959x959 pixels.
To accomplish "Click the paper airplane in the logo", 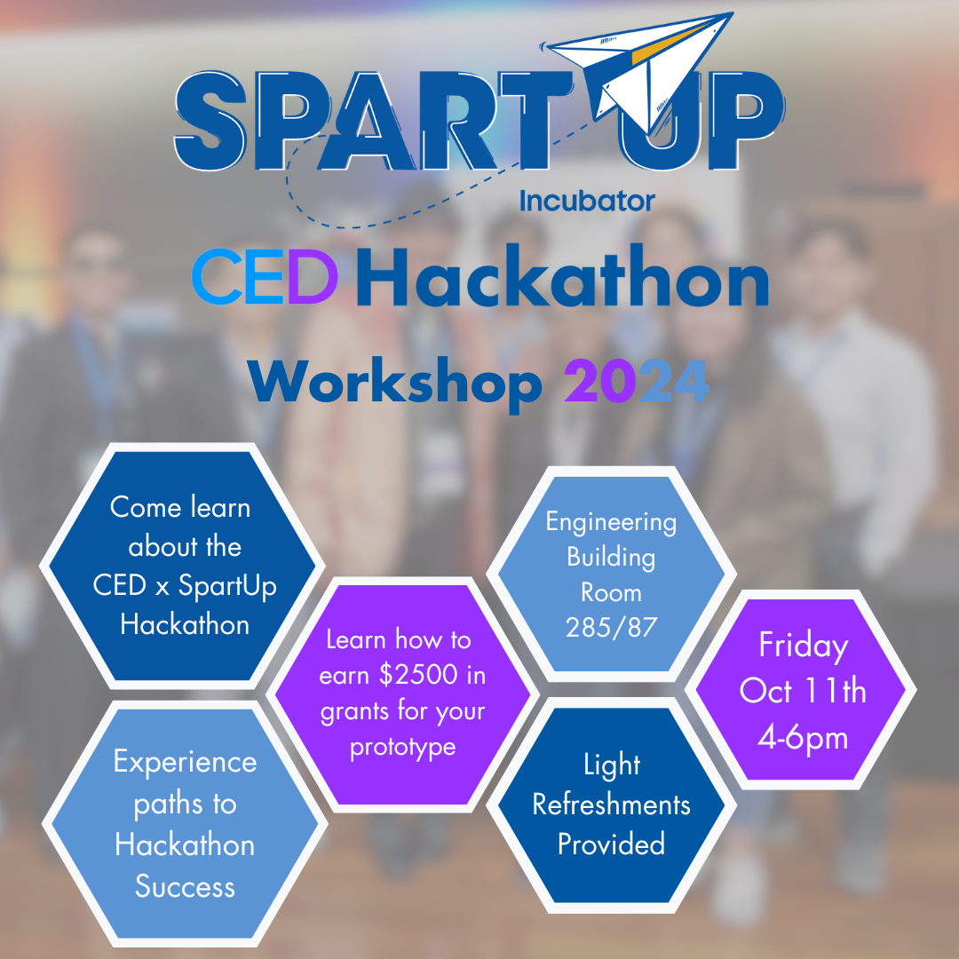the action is click(642, 67).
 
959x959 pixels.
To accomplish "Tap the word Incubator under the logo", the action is click(587, 202).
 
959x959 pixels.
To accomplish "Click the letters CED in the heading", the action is click(265, 276).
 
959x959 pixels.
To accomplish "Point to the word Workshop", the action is click(394, 382).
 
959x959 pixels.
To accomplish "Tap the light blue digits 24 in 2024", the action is click(674, 380).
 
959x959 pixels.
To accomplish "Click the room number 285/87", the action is click(611, 628).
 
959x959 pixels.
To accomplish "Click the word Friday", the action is click(803, 646).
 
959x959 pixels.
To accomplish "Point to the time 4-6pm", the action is click(803, 738).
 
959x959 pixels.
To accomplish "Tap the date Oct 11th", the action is click(803, 691).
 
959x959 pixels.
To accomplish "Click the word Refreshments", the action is click(611, 804).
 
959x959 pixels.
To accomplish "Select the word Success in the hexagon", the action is click(185, 886).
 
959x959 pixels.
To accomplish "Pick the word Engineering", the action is click(611, 523).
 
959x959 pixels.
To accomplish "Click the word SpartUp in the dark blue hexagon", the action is click(227, 586).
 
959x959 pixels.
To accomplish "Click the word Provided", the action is click(611, 844).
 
